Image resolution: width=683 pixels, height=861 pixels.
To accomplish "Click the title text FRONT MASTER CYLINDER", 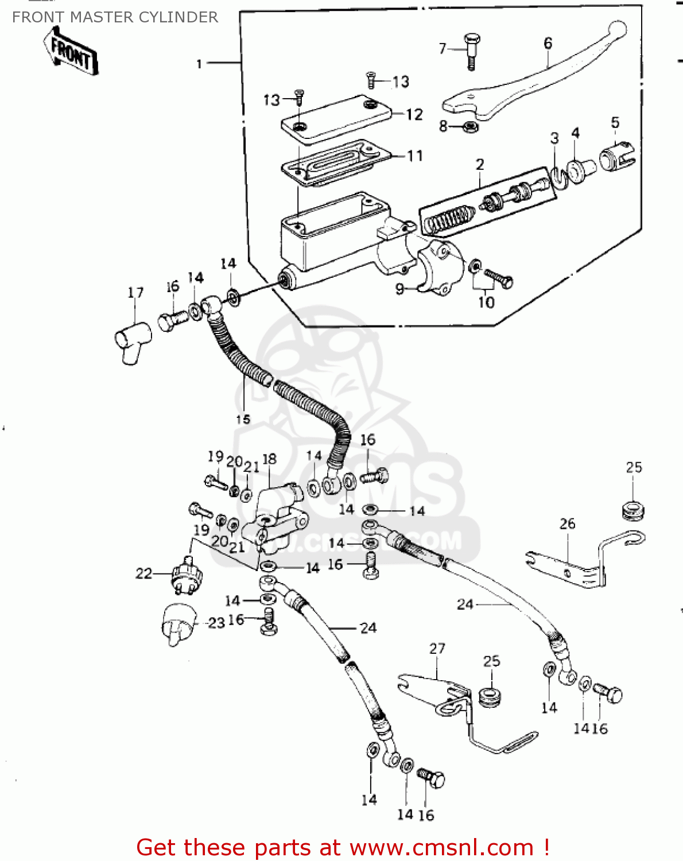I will tap(115, 17).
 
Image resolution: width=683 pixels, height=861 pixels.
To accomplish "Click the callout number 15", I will tap(243, 419).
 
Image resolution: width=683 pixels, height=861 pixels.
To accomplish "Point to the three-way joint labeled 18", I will tap(274, 517).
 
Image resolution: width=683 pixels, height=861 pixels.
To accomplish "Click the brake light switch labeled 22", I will tap(187, 574).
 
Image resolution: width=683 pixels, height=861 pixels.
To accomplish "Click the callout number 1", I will tap(199, 64).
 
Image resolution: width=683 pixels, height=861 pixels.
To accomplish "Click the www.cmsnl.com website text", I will tap(442, 847).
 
